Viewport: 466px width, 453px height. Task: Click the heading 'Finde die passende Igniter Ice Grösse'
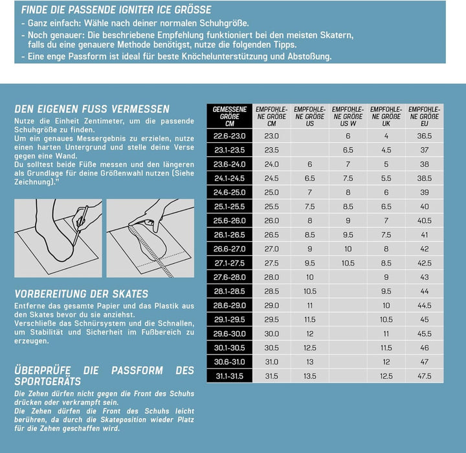click(x=116, y=10)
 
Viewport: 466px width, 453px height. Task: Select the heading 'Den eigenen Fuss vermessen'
click(x=92, y=109)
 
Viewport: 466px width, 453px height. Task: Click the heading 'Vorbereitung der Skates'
click(x=81, y=293)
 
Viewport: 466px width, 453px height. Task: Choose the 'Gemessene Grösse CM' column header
click(x=230, y=116)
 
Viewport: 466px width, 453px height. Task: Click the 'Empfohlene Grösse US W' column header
click(x=348, y=116)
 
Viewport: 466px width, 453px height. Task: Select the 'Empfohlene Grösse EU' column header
click(x=425, y=116)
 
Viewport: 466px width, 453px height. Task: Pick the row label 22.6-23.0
click(x=230, y=136)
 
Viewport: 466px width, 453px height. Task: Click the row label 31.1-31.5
click(x=230, y=376)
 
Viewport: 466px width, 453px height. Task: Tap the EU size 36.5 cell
click(x=425, y=136)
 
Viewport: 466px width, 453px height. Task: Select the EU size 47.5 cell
click(x=425, y=376)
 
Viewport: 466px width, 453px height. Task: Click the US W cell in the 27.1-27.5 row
click(x=348, y=263)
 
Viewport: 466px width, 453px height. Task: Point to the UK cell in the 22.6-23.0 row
click(x=386, y=136)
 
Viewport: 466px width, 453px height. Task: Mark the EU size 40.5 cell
click(x=425, y=220)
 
